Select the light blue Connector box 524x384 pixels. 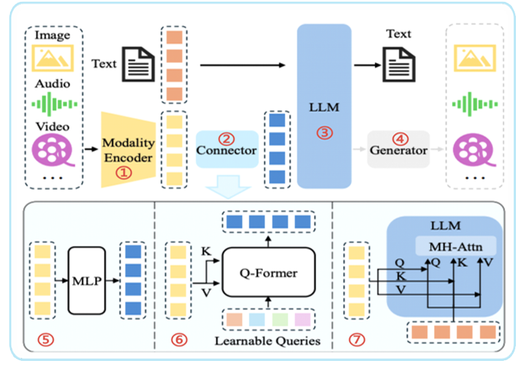(x=227, y=149)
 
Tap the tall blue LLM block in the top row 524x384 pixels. (x=324, y=106)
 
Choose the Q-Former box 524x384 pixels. (x=269, y=273)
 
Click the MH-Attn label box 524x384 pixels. (x=455, y=245)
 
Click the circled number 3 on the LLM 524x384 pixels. (x=324, y=133)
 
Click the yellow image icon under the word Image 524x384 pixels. (x=53, y=58)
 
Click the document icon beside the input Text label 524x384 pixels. (x=137, y=64)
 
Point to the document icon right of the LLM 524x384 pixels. (x=399, y=64)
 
